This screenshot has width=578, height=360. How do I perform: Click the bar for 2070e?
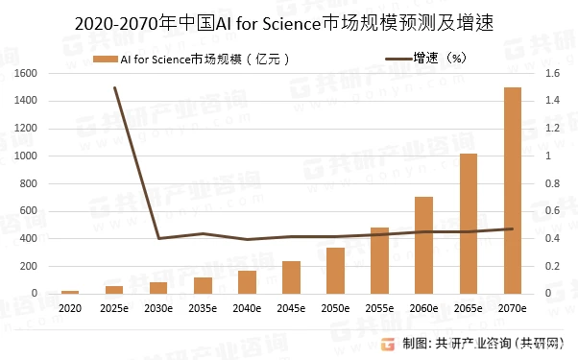tap(513, 190)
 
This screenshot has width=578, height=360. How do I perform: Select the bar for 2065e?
tap(469, 224)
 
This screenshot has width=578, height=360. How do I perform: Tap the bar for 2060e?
tap(424, 246)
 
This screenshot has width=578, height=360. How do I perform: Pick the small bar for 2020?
tap(70, 292)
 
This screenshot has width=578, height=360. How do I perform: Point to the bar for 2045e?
tap(291, 277)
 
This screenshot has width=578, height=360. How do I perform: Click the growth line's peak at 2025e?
tap(114, 87)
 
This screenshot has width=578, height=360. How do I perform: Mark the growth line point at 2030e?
tap(158, 238)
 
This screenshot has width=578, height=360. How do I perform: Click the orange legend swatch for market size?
tap(106, 60)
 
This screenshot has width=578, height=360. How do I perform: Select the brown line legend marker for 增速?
tap(398, 59)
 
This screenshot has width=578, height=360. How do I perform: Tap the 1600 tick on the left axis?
tap(26, 73)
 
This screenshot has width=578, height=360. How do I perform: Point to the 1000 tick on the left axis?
tap(26, 156)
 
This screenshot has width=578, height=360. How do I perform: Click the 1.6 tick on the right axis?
tap(553, 73)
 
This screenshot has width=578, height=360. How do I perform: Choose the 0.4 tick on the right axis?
tap(553, 238)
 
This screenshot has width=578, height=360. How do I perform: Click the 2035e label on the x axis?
tap(203, 308)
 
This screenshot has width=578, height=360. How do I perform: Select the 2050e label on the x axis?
tap(335, 308)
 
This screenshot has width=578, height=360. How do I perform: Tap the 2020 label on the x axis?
tap(70, 308)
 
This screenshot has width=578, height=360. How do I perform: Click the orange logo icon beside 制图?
tap(388, 344)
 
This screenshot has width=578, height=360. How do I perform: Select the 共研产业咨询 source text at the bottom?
tap(473, 344)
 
